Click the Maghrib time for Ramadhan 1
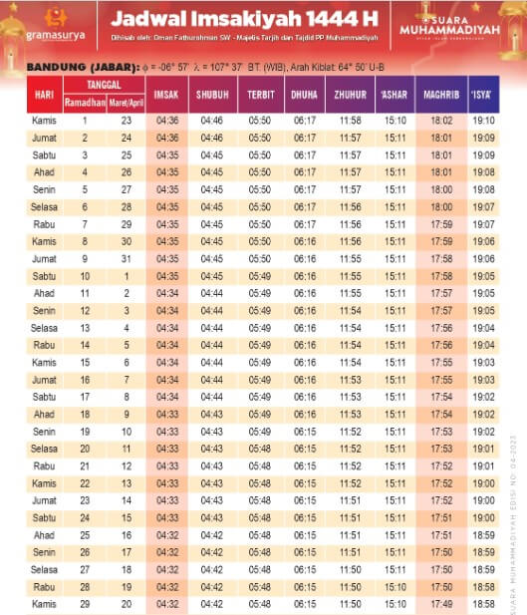click(x=441, y=121)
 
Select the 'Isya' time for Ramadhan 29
click(x=484, y=605)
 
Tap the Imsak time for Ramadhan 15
click(x=167, y=363)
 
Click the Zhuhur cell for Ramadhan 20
click(x=350, y=450)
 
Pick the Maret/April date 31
click(x=127, y=259)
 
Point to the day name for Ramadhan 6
click(x=44, y=207)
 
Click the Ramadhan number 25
click(x=85, y=536)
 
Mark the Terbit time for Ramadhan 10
click(x=260, y=276)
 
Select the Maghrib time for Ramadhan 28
click(x=441, y=588)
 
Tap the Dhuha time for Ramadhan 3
click(x=305, y=155)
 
